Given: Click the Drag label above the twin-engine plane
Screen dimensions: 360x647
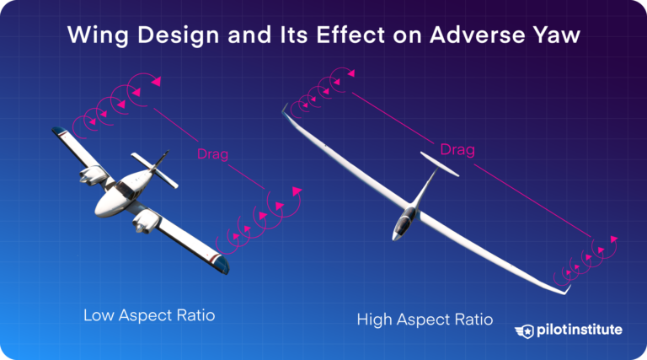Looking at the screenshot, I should [212, 153].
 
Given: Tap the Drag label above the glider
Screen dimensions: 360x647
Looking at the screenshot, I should [457, 149].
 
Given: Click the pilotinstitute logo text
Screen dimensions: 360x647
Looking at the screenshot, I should [580, 330].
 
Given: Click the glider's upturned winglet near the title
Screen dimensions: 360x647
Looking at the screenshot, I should [286, 109].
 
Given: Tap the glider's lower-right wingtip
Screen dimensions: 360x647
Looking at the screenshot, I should [566, 291].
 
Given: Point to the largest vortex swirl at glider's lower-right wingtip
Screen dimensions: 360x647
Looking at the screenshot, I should [602, 245].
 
